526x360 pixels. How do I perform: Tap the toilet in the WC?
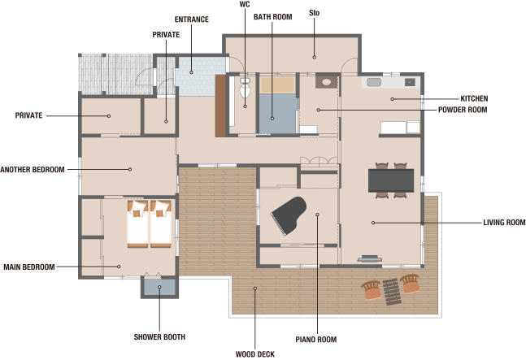(245, 88)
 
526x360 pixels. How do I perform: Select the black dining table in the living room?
(391, 180)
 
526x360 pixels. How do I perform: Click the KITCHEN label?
(474, 98)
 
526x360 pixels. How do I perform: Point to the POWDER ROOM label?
(463, 110)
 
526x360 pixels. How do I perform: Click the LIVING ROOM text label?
(504, 222)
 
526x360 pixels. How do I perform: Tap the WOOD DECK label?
(255, 354)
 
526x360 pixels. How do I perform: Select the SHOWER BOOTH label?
(159, 337)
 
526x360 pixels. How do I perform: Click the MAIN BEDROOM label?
(28, 267)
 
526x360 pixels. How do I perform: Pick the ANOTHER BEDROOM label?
(33, 170)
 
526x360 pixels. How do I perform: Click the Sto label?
(314, 13)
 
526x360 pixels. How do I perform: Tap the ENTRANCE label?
(192, 20)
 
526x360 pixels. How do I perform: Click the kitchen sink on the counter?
(374, 82)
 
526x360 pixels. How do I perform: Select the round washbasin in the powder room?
(326, 82)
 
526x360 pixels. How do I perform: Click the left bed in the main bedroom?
(137, 224)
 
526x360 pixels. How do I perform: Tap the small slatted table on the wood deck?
(392, 292)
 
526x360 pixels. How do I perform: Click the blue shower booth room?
(159, 287)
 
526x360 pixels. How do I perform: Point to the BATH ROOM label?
(272, 17)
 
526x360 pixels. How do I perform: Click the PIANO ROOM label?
(316, 340)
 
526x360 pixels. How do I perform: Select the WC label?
(245, 4)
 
